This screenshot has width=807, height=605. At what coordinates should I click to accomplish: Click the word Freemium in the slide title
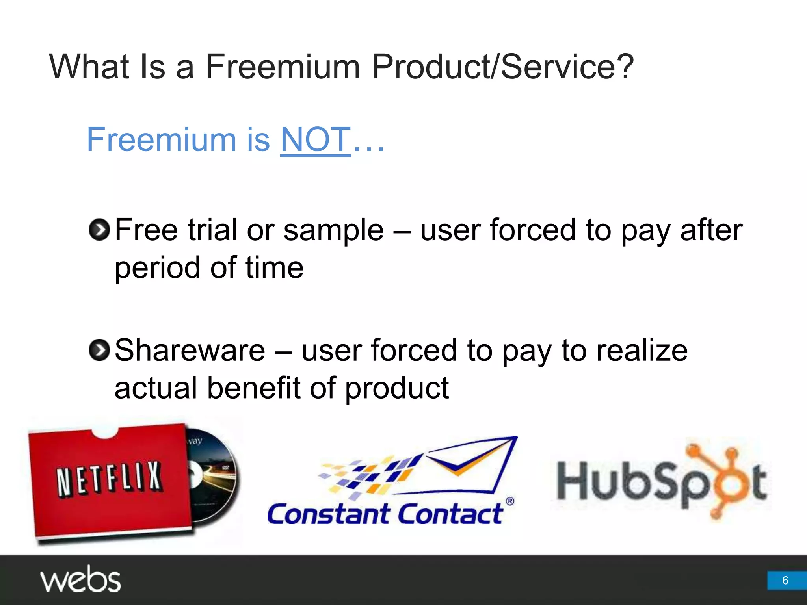(x=283, y=67)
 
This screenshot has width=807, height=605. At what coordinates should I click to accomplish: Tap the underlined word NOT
(x=315, y=139)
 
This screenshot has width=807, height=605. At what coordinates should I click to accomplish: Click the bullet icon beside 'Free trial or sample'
(x=99, y=230)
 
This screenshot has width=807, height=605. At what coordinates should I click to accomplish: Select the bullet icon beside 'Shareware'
(x=99, y=350)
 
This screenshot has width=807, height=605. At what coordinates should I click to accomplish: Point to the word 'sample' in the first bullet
(x=333, y=230)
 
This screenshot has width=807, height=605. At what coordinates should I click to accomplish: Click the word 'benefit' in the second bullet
(x=254, y=388)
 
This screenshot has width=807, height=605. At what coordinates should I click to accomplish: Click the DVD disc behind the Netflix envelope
(x=215, y=473)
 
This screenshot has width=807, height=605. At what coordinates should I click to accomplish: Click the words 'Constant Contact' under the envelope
(x=385, y=514)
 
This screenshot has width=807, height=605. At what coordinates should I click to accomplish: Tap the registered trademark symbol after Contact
(x=509, y=501)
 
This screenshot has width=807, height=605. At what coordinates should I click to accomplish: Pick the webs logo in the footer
(x=80, y=579)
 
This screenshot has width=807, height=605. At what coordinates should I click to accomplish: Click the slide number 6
(x=785, y=580)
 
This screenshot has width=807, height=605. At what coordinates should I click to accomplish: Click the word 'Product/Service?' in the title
(x=502, y=67)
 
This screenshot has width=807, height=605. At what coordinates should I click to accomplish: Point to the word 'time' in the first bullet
(x=274, y=268)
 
